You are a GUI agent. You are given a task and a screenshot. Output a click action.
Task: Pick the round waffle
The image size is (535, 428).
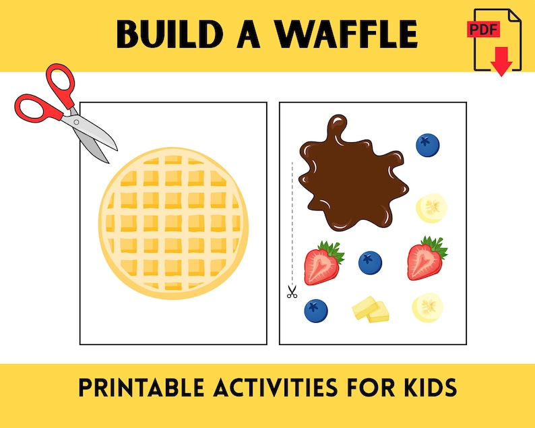[174, 222]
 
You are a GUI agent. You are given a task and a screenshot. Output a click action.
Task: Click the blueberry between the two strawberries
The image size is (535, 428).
[370, 262]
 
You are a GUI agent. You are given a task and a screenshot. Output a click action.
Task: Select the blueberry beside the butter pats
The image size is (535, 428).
[315, 311]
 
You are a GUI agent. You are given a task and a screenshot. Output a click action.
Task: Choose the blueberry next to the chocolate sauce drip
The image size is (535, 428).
[427, 144]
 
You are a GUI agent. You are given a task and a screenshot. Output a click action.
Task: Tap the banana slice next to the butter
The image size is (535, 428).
[428, 307]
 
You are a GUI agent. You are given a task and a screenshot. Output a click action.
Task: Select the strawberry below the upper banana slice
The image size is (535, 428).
[426, 258]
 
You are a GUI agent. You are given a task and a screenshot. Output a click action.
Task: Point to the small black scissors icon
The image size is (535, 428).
[292, 293]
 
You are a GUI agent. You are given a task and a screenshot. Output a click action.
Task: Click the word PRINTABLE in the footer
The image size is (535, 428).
[132, 387]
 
